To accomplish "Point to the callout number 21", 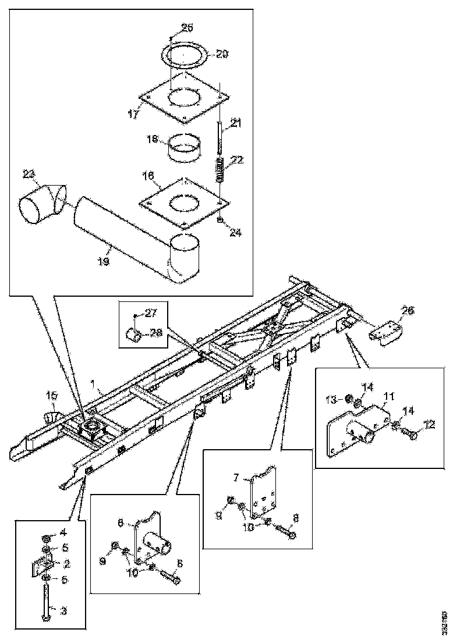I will pos(236,123).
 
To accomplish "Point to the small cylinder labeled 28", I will pos(134,335).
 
